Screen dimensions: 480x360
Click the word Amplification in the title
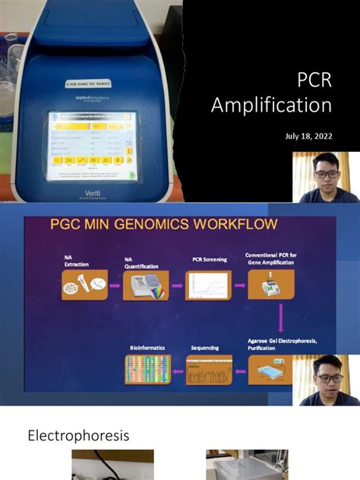tap(271, 104)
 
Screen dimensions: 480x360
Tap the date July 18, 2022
tap(308, 136)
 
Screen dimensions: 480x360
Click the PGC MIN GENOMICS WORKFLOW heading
tap(153, 224)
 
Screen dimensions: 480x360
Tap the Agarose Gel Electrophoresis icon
tap(271, 369)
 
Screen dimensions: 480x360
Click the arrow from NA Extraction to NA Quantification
tap(115, 286)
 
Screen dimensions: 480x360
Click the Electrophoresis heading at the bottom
tap(78, 436)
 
